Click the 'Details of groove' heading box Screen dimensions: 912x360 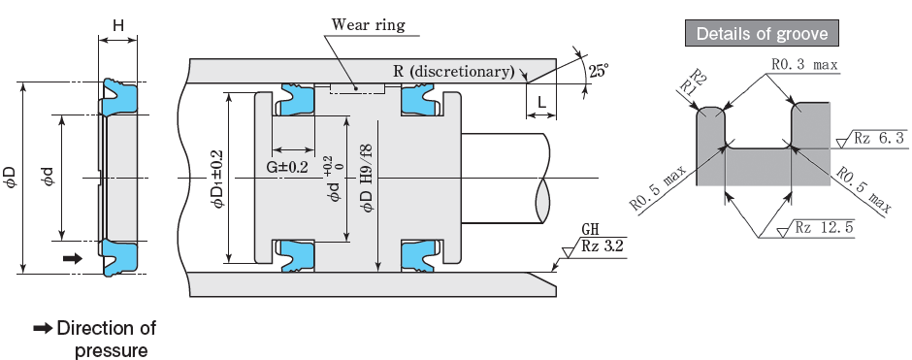click(x=762, y=33)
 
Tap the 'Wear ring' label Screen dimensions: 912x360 click(x=368, y=25)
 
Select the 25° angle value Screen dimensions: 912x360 click(x=599, y=71)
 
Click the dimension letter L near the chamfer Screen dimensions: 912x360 click(x=541, y=103)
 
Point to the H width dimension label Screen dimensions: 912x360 click(x=118, y=25)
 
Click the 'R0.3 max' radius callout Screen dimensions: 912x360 click(x=804, y=65)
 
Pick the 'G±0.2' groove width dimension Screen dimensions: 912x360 click(x=287, y=167)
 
